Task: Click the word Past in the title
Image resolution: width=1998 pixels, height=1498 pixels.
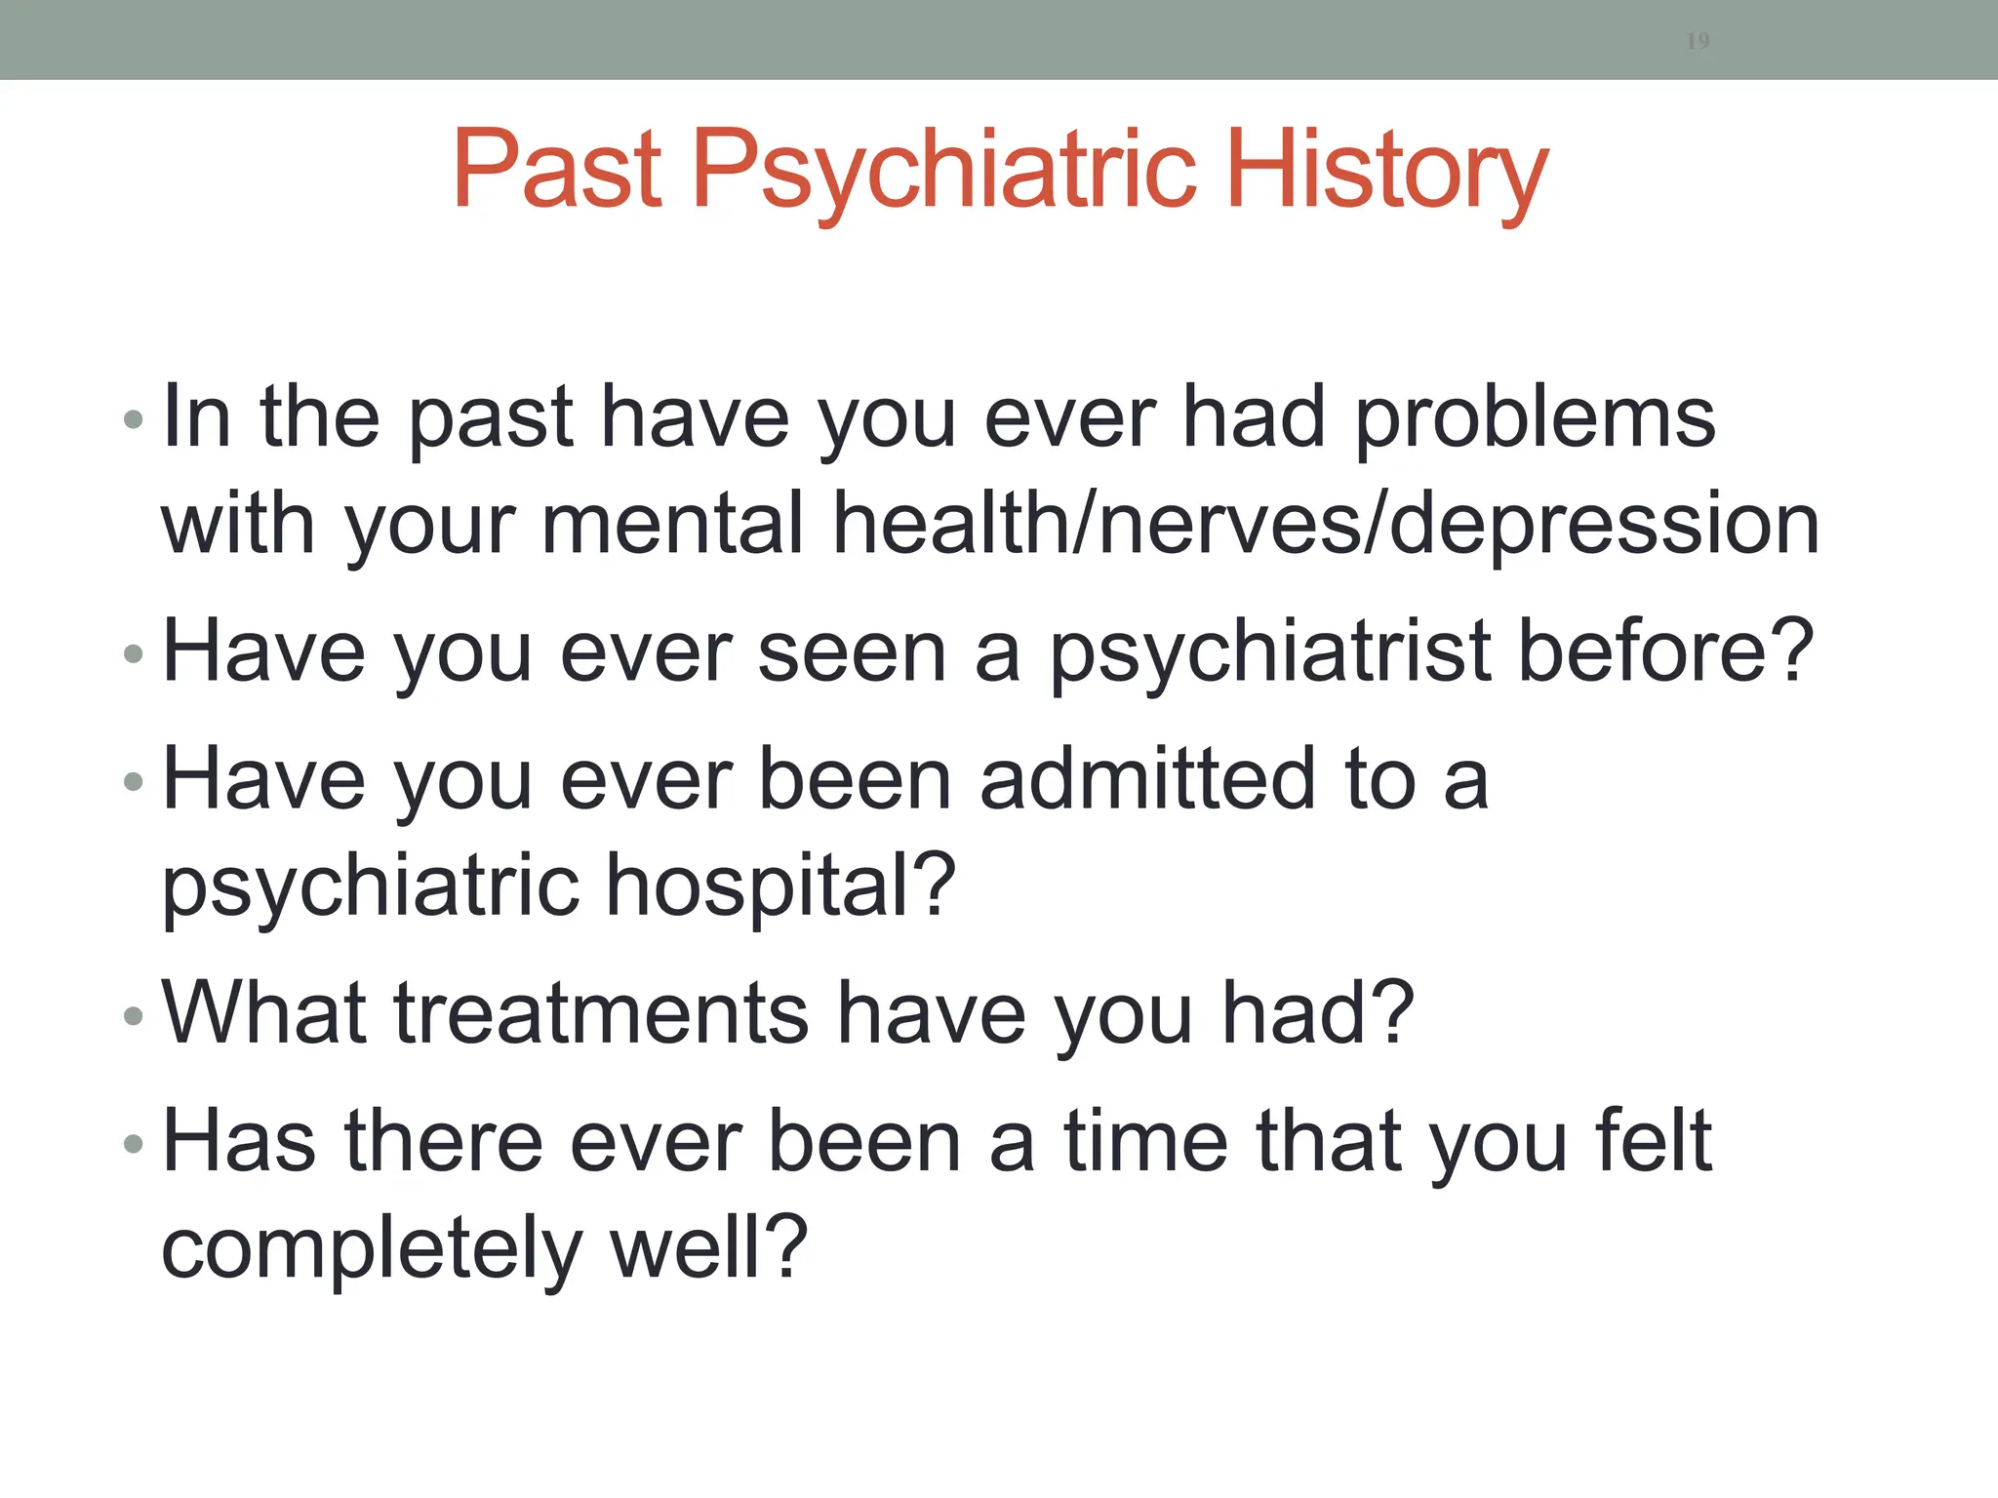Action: coord(558,170)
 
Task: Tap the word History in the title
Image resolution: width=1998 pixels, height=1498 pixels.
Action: coord(1386,172)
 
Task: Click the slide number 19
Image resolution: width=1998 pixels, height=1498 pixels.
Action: coord(1698,41)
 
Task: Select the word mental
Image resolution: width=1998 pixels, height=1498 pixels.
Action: coord(673,524)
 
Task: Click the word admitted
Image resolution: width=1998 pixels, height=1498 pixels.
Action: coord(1148,779)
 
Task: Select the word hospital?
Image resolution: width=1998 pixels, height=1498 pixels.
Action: coord(779,886)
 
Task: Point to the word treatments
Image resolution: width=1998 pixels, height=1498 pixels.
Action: coord(601,1014)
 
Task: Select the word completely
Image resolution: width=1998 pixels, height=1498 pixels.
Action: coord(371,1249)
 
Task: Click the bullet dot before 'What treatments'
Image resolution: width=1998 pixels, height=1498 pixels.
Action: coord(134,1017)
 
